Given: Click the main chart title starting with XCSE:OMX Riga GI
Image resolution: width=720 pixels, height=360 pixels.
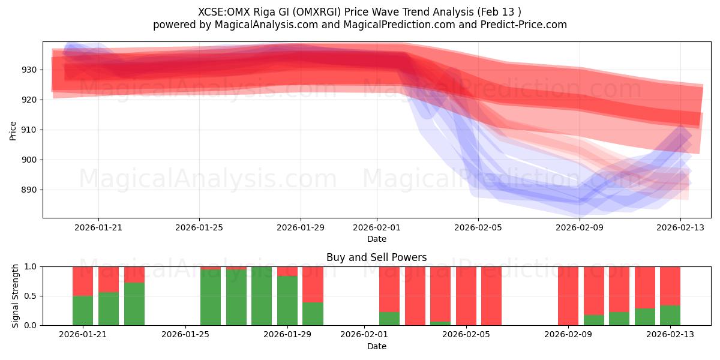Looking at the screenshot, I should tap(359, 12).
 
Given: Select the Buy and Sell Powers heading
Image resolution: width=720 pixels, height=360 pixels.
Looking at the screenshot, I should tap(376, 257).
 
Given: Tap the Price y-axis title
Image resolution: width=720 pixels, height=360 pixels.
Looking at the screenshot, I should tap(13, 130).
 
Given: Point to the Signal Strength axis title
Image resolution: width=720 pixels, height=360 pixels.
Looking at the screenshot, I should tap(16, 296).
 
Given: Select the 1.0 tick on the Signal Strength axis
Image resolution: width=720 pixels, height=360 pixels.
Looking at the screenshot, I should tap(29, 266).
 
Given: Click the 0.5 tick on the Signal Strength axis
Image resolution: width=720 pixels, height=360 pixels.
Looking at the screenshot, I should tap(29, 296).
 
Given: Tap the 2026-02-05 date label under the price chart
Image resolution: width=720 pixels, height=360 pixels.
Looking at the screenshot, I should tap(478, 228).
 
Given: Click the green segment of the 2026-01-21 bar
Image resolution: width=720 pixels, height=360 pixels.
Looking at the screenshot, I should tap(83, 310).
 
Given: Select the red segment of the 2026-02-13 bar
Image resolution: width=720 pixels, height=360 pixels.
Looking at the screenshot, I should tap(670, 286).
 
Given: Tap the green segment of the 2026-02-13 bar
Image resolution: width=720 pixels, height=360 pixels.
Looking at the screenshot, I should tap(670, 315).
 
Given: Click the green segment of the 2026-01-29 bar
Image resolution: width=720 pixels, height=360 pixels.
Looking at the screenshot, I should tap(287, 301).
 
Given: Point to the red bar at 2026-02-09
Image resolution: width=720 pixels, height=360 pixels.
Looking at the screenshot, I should tap(568, 296).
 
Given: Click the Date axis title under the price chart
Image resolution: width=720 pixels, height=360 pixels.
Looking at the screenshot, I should tap(376, 239).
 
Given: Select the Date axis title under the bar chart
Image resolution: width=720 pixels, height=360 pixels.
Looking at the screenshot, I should tap(376, 346).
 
